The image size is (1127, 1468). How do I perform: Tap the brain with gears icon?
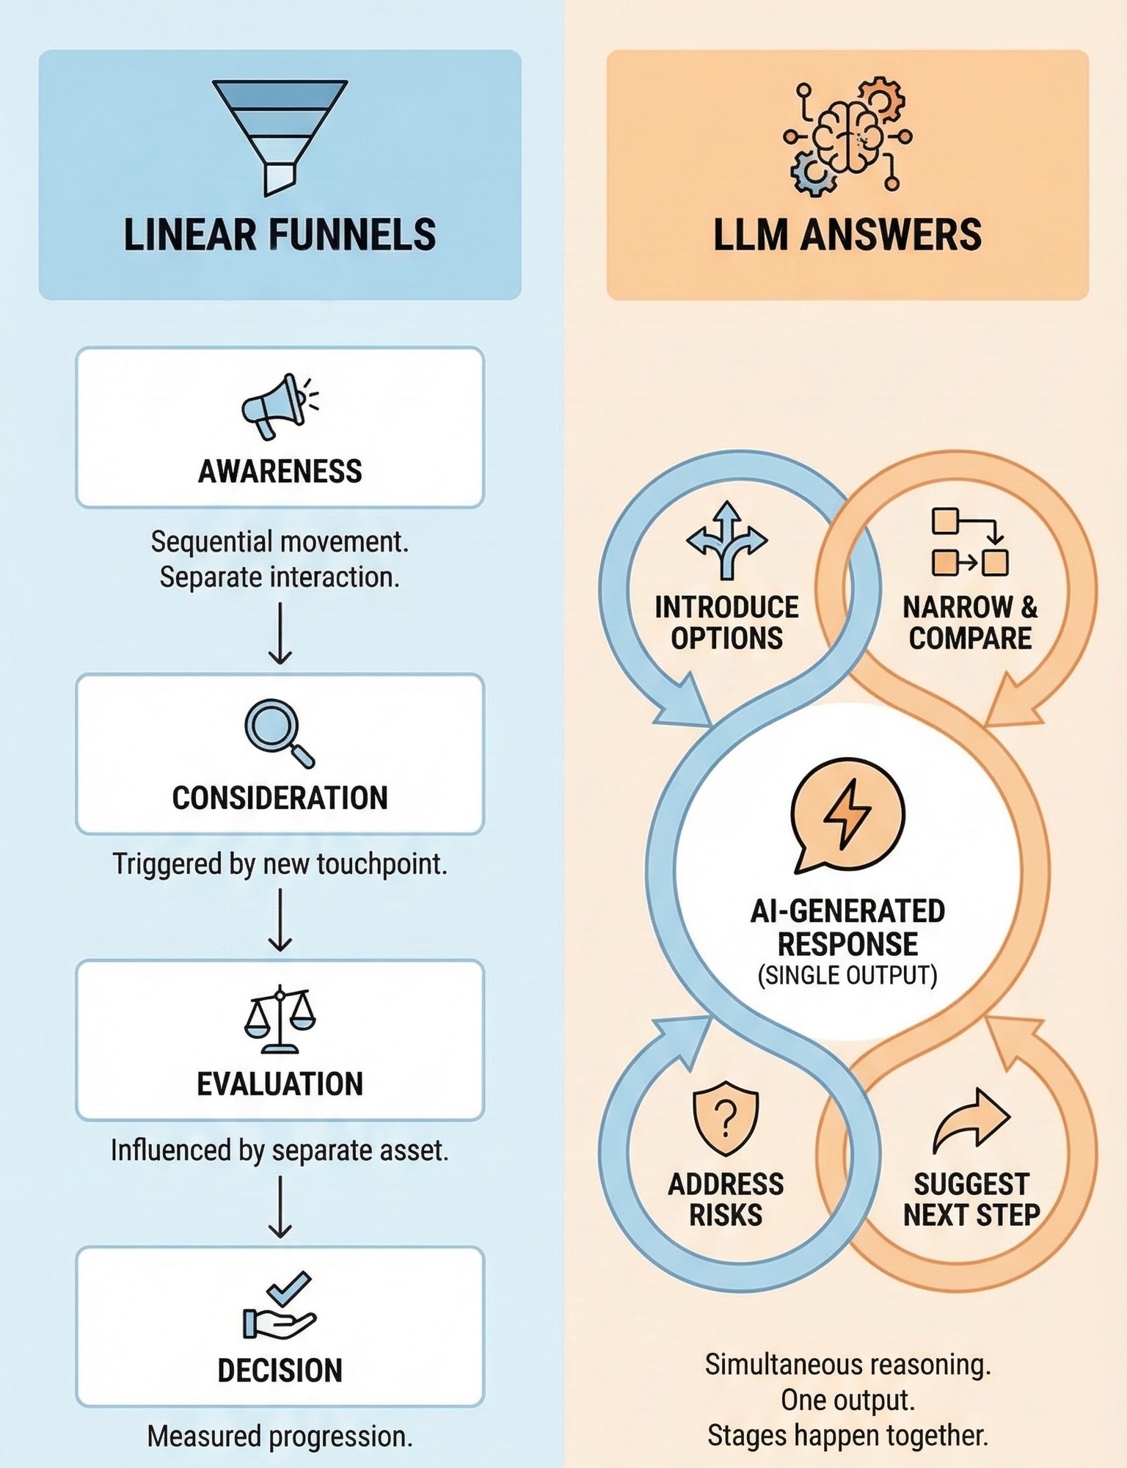(x=847, y=137)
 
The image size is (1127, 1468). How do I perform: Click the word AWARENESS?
(x=280, y=471)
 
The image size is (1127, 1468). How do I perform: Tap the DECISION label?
(x=280, y=1370)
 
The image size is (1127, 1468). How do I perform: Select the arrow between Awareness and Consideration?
(x=280, y=633)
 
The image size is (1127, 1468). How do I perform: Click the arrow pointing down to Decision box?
(x=280, y=1207)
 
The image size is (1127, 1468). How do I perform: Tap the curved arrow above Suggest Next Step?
(x=971, y=1120)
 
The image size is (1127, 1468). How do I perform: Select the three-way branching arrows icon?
(x=726, y=540)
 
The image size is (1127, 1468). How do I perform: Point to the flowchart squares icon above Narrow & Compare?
(x=969, y=542)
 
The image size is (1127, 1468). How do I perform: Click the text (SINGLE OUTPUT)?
(x=847, y=975)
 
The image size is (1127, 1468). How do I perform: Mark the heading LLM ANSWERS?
(x=847, y=235)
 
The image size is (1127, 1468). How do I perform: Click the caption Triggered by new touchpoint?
(x=280, y=863)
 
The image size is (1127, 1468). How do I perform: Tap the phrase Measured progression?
(x=280, y=1436)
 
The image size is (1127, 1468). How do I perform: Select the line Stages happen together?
(x=847, y=1436)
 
